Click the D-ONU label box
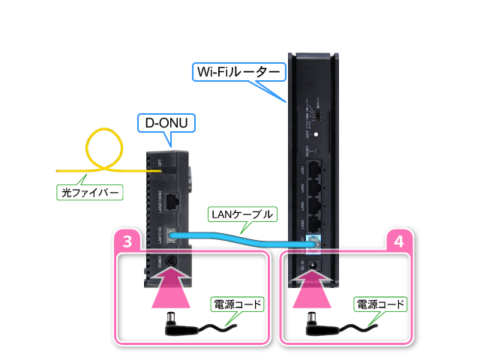point(166,121)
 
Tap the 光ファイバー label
point(90,193)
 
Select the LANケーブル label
point(241,214)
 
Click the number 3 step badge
point(127,243)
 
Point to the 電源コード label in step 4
point(379,305)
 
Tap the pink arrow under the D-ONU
point(173,289)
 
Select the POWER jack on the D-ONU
point(173,262)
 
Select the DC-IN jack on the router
point(316,265)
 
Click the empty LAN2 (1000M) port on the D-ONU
point(173,201)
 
